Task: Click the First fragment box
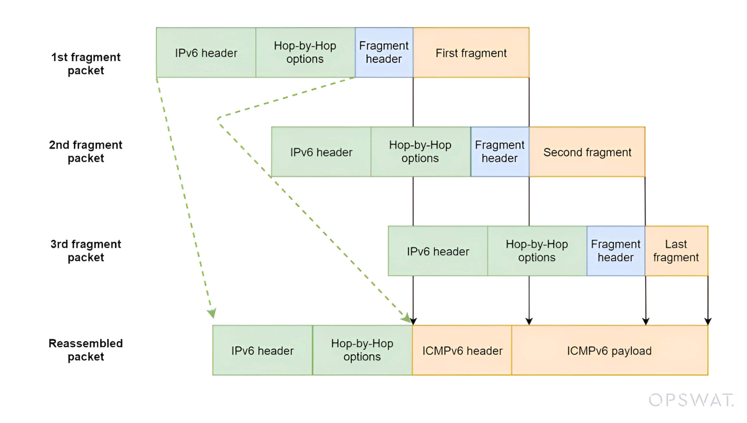471,53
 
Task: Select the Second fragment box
587,152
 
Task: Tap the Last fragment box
676,251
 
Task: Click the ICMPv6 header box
462,351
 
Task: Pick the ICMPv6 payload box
609,351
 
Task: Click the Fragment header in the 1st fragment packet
384,53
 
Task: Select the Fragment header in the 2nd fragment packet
499,152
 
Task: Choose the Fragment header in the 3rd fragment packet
616,251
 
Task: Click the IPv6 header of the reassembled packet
262,351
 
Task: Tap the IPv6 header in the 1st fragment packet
206,53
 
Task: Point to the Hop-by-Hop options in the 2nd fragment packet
420,152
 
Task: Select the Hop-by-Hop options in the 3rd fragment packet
537,251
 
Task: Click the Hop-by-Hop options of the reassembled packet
362,351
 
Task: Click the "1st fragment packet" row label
86,64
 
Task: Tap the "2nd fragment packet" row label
86,151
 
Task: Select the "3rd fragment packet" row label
86,251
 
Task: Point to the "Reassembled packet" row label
86,350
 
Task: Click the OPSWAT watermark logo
691,400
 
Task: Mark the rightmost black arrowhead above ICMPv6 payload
708,321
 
